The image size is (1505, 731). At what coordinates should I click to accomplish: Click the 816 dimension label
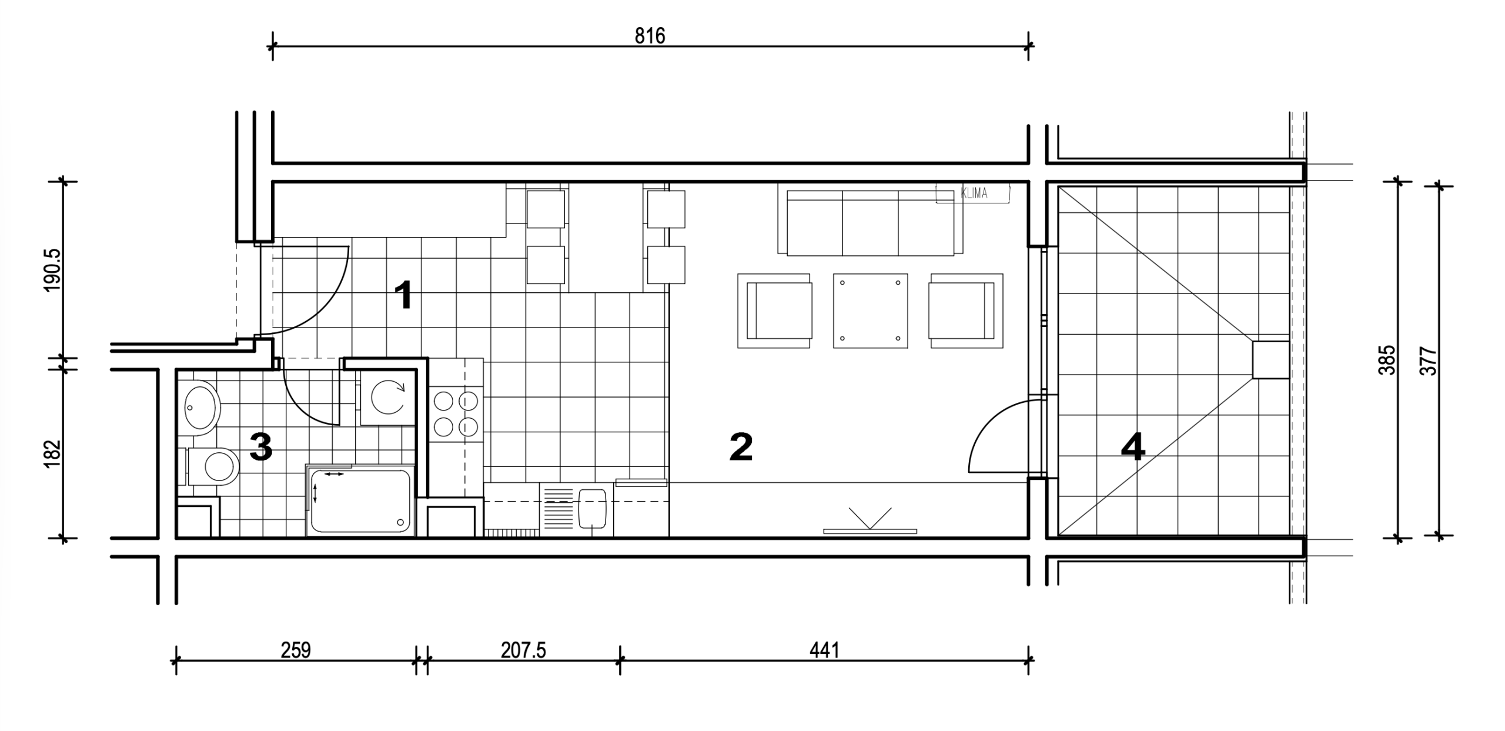(x=650, y=36)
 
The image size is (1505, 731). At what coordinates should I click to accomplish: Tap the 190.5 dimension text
(x=52, y=270)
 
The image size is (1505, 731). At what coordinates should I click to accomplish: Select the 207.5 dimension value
(x=523, y=650)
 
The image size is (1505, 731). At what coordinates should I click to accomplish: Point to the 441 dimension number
(x=824, y=650)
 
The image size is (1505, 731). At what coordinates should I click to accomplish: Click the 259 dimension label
(x=295, y=650)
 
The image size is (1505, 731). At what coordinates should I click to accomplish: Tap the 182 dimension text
(x=52, y=453)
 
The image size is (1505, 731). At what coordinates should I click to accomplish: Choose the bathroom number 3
(x=261, y=446)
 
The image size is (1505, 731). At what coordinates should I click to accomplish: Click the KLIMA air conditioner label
(x=974, y=193)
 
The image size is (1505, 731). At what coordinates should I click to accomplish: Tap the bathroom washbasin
(x=201, y=408)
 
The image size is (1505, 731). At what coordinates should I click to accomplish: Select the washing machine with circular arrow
(x=387, y=398)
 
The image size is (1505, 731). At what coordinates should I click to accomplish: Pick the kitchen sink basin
(x=593, y=509)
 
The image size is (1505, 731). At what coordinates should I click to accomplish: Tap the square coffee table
(x=870, y=311)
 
